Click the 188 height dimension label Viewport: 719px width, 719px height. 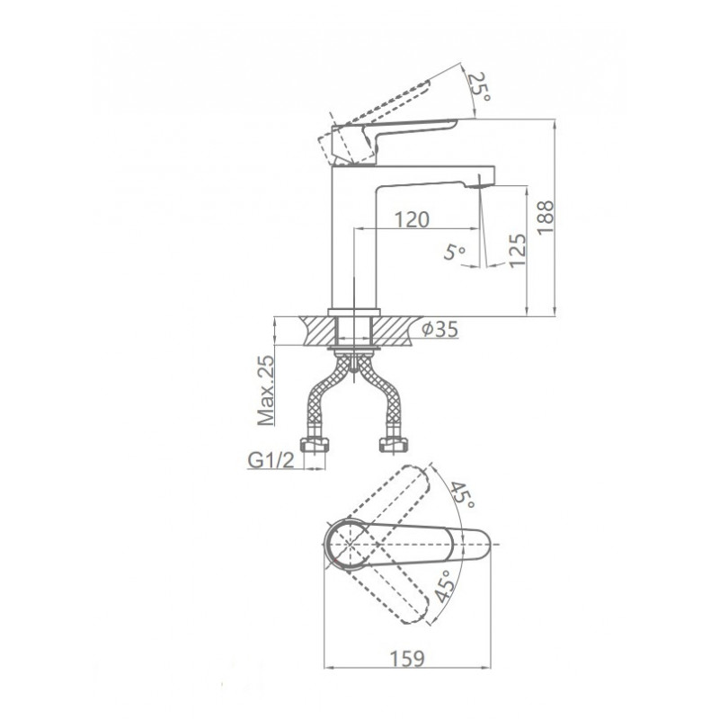coord(546,217)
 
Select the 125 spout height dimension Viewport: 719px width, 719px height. coord(518,251)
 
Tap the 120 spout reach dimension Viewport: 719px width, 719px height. coord(412,219)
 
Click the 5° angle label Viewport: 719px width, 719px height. coord(455,252)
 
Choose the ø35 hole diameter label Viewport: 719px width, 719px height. coord(439,329)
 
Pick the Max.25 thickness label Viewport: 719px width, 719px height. coord(266,390)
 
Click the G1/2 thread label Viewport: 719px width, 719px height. coord(271,460)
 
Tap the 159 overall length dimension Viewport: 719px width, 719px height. coord(408,659)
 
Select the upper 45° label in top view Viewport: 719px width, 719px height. coord(462,496)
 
